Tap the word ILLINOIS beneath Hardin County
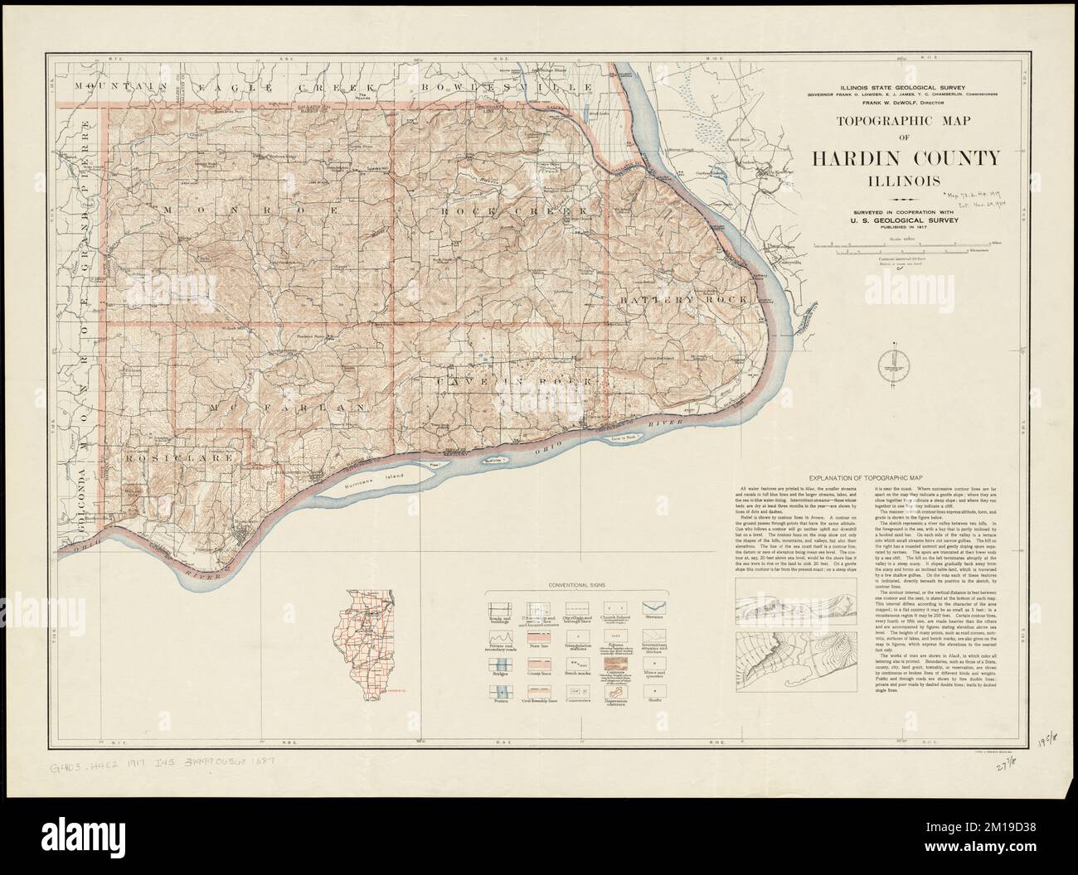click(x=906, y=180)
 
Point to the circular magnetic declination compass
click(x=894, y=361)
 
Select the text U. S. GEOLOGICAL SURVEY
click(x=906, y=222)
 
